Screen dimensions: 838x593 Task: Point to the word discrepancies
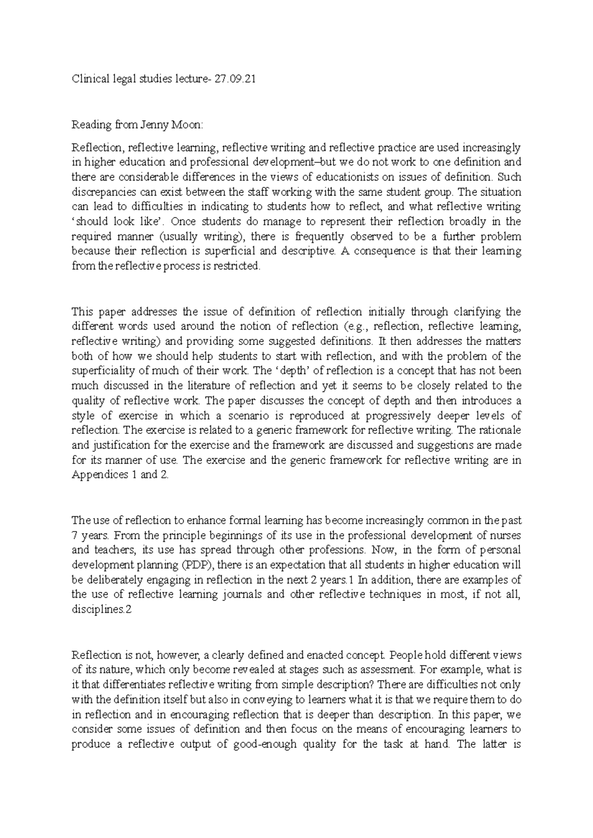tap(103, 192)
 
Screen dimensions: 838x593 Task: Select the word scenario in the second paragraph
tap(243, 416)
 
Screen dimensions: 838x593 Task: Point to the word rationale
tap(499, 430)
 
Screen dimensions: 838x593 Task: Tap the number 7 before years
tap(75, 535)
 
